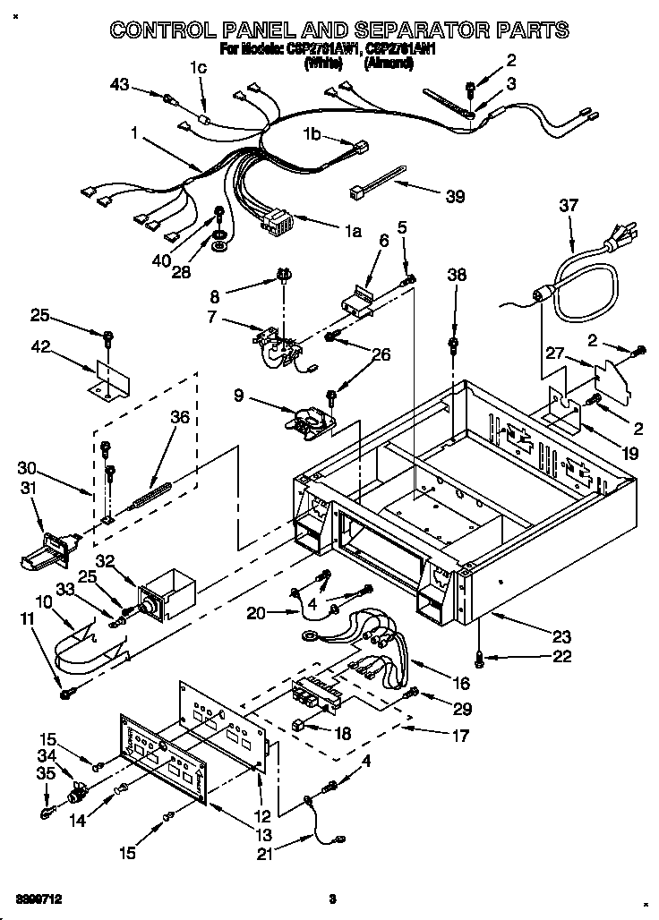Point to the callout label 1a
tap(352, 232)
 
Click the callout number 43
tap(120, 85)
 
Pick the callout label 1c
tap(198, 67)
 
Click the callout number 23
tap(561, 638)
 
